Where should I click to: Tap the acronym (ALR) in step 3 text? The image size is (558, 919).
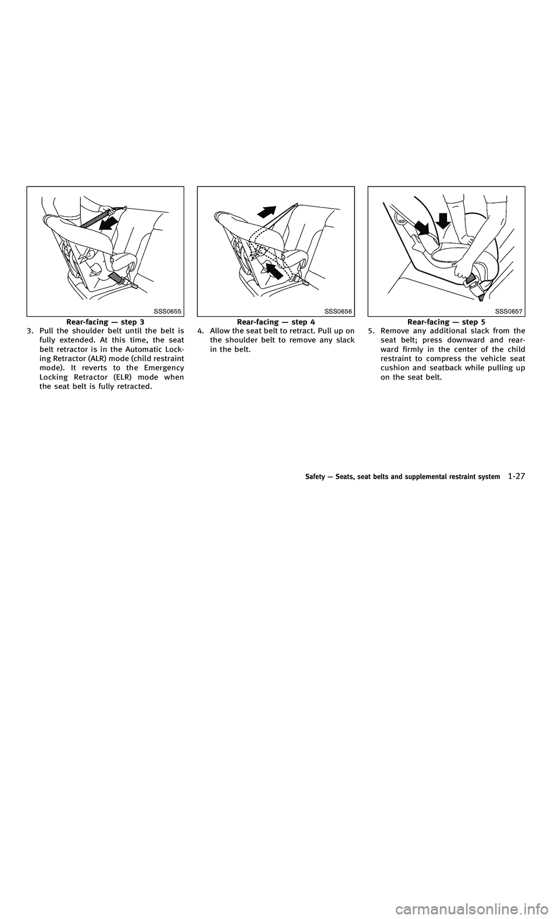112,358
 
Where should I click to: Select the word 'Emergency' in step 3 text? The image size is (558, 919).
167,367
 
